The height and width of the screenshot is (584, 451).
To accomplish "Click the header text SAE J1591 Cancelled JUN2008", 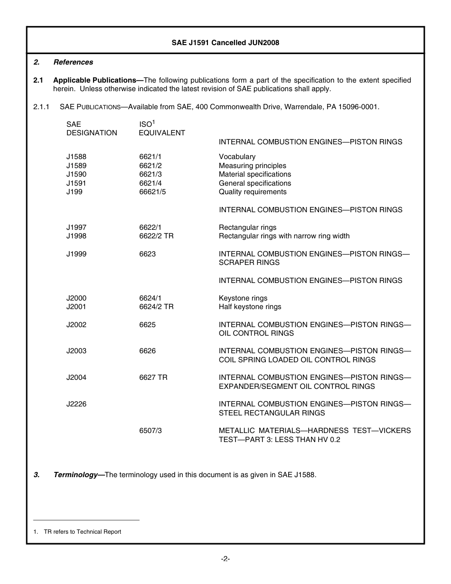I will [225, 43].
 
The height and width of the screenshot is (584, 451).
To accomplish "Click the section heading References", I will [73, 62].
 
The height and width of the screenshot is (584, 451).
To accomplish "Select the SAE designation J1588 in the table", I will [76, 157].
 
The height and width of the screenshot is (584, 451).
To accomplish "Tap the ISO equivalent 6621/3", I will [150, 174].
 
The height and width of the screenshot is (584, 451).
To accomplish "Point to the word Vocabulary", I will [237, 157].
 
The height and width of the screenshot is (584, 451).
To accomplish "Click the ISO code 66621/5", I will [152, 192].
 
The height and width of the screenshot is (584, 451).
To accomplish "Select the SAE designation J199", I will [74, 192].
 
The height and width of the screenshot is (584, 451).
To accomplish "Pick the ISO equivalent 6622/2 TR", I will [156, 236].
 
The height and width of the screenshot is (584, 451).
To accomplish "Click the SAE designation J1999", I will [76, 254].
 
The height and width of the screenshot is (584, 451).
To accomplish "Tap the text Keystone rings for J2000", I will [243, 298].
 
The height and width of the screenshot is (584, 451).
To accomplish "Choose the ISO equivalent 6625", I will [147, 325].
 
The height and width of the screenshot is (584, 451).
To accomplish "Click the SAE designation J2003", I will [76, 351].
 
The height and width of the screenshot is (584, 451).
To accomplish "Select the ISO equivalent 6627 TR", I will [153, 377].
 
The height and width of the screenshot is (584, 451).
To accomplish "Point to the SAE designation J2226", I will [76, 404].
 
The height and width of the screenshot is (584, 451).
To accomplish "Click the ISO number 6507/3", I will [150, 431].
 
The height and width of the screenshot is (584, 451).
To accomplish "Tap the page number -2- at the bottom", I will [225, 559].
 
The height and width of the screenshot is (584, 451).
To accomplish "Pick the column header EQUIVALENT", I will [162, 133].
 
